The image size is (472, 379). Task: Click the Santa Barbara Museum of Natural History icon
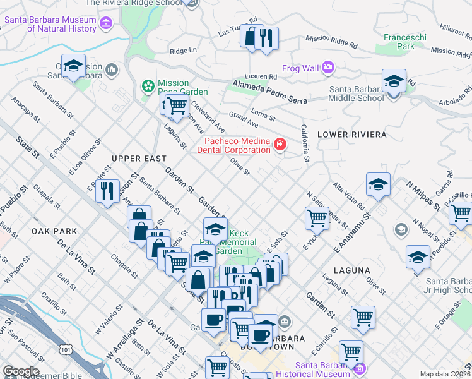point(106,25)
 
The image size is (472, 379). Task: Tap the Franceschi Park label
point(399,42)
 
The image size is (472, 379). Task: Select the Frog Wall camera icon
point(327,67)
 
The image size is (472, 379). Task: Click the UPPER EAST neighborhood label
point(139,159)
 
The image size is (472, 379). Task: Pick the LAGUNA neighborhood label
point(353,270)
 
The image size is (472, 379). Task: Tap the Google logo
point(21,371)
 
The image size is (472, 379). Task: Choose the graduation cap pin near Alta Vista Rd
point(378,184)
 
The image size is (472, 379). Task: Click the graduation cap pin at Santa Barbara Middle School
point(394,81)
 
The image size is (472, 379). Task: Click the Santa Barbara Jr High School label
point(448,286)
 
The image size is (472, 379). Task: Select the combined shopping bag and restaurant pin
point(259,37)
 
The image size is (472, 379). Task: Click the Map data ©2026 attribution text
point(445,374)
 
